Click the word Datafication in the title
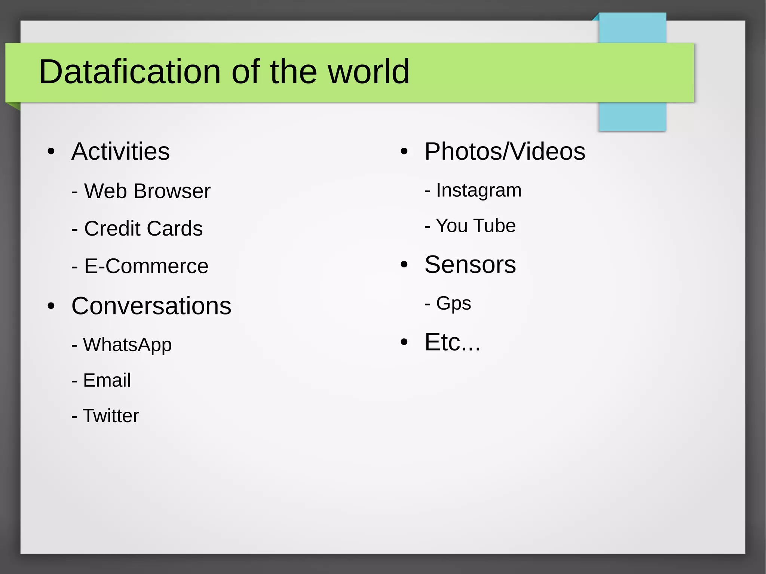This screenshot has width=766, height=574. coord(130,71)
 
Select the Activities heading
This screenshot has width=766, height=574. coord(120,151)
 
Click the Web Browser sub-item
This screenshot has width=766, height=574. coord(147,191)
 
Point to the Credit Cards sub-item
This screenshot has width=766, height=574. coord(143,228)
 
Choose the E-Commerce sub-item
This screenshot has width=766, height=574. coord(146,266)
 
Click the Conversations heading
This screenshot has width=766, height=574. coord(151,306)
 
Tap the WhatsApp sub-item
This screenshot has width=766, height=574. coord(127,344)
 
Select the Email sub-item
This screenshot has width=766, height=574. coord(107,380)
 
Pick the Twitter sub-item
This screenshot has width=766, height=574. coord(110,416)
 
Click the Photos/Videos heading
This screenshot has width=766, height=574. coord(505,151)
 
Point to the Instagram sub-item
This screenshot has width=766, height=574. coord(478,190)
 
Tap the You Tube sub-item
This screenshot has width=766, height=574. coord(475,226)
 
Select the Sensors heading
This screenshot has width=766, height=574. coord(470,265)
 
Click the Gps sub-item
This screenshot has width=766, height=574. coord(453,303)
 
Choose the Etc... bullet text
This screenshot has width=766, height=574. coord(452,342)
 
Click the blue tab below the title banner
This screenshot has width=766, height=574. coord(632,116)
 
